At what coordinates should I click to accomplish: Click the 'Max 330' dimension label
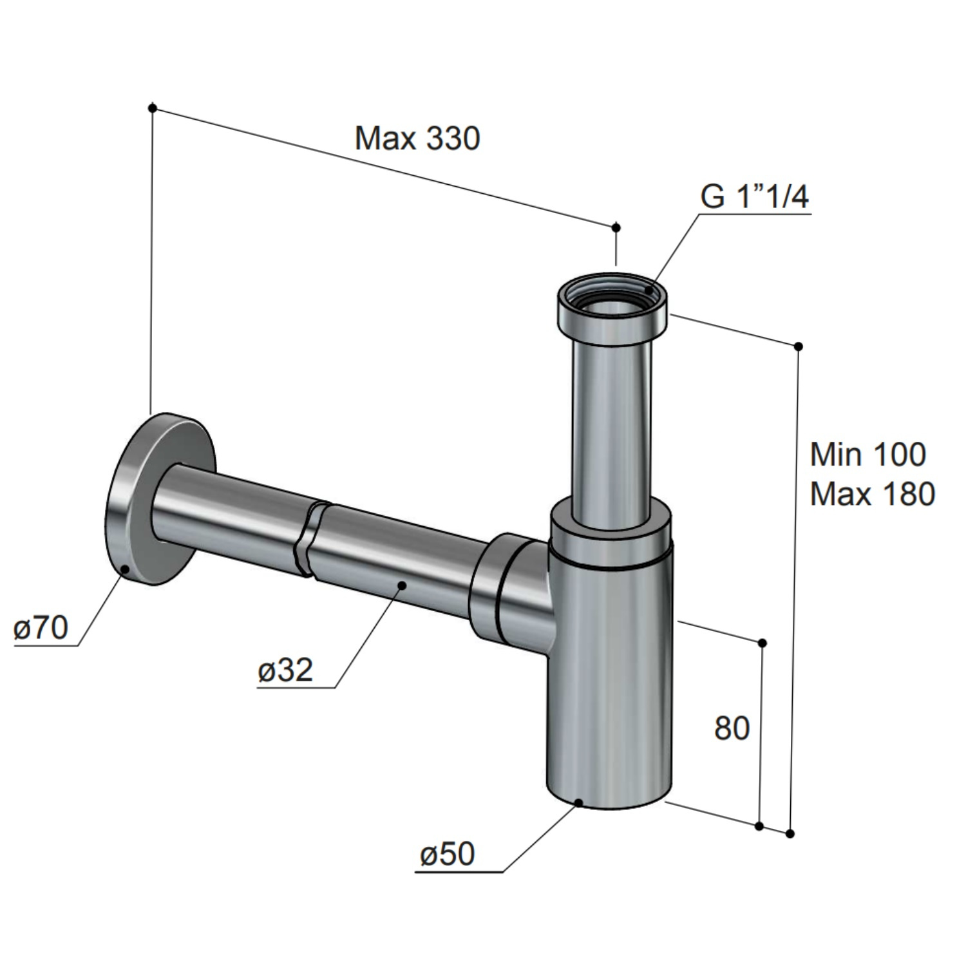(417, 138)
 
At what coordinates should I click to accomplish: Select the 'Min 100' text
(868, 455)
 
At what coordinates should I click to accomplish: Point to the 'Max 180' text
(873, 495)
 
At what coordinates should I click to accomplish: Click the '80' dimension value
(732, 728)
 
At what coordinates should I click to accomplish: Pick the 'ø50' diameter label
(447, 854)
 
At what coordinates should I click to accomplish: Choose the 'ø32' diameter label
(285, 670)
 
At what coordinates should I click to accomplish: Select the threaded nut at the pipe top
(612, 306)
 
